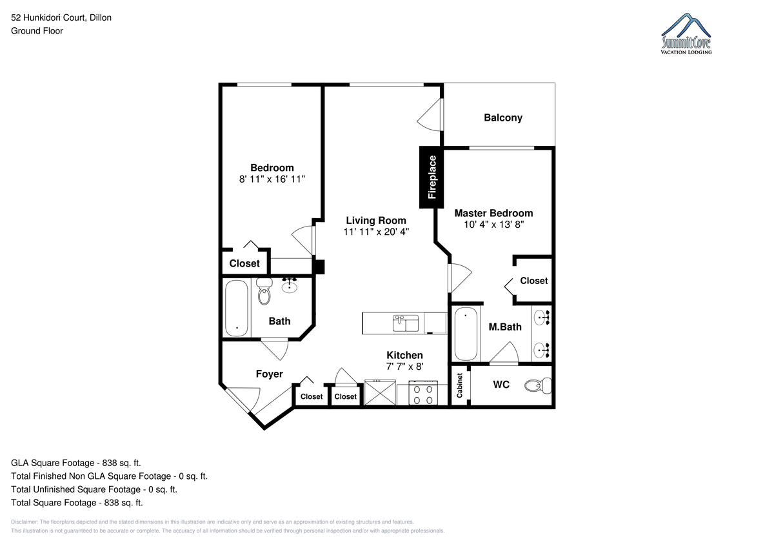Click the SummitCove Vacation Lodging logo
(x=686, y=34)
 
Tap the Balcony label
(x=502, y=118)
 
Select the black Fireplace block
(x=432, y=177)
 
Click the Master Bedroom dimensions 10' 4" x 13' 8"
(x=493, y=225)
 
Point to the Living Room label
(x=376, y=221)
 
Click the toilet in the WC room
(x=538, y=385)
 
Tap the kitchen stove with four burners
(x=423, y=392)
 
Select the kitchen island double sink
(x=405, y=323)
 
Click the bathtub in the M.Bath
(x=466, y=334)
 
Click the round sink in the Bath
(x=289, y=286)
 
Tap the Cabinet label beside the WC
(x=459, y=385)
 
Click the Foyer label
(x=269, y=374)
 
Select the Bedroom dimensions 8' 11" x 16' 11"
(x=272, y=179)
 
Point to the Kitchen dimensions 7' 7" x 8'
(x=404, y=367)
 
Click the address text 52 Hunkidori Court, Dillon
(x=61, y=17)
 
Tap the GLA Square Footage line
(x=76, y=463)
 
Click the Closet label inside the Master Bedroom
(x=534, y=281)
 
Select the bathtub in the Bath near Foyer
(x=237, y=308)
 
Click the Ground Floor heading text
(x=37, y=31)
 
